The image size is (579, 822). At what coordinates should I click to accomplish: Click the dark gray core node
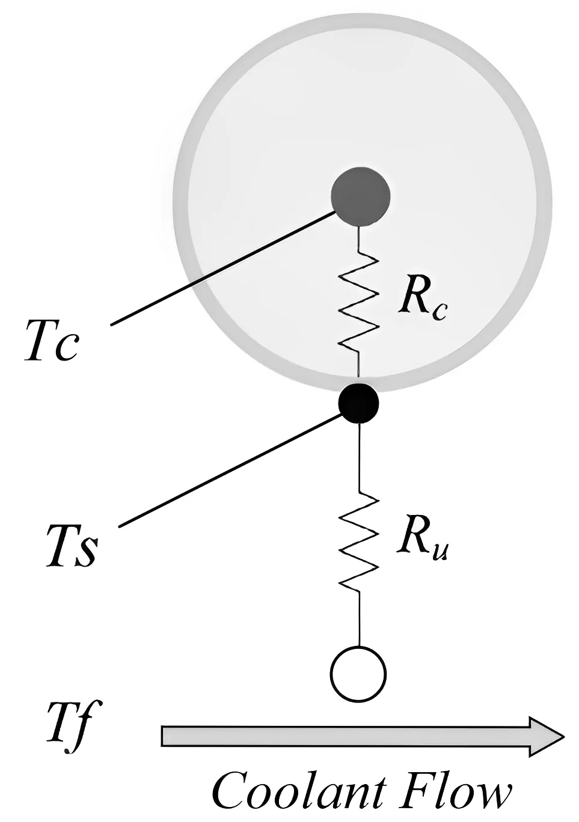[361, 196]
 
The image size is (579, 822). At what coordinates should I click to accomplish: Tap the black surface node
[359, 403]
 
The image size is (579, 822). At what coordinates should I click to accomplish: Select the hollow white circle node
[358, 674]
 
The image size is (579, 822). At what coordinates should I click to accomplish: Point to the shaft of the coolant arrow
[343, 736]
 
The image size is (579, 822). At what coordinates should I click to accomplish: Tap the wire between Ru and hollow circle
[359, 619]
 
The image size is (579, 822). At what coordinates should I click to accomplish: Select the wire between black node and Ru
[359, 457]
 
